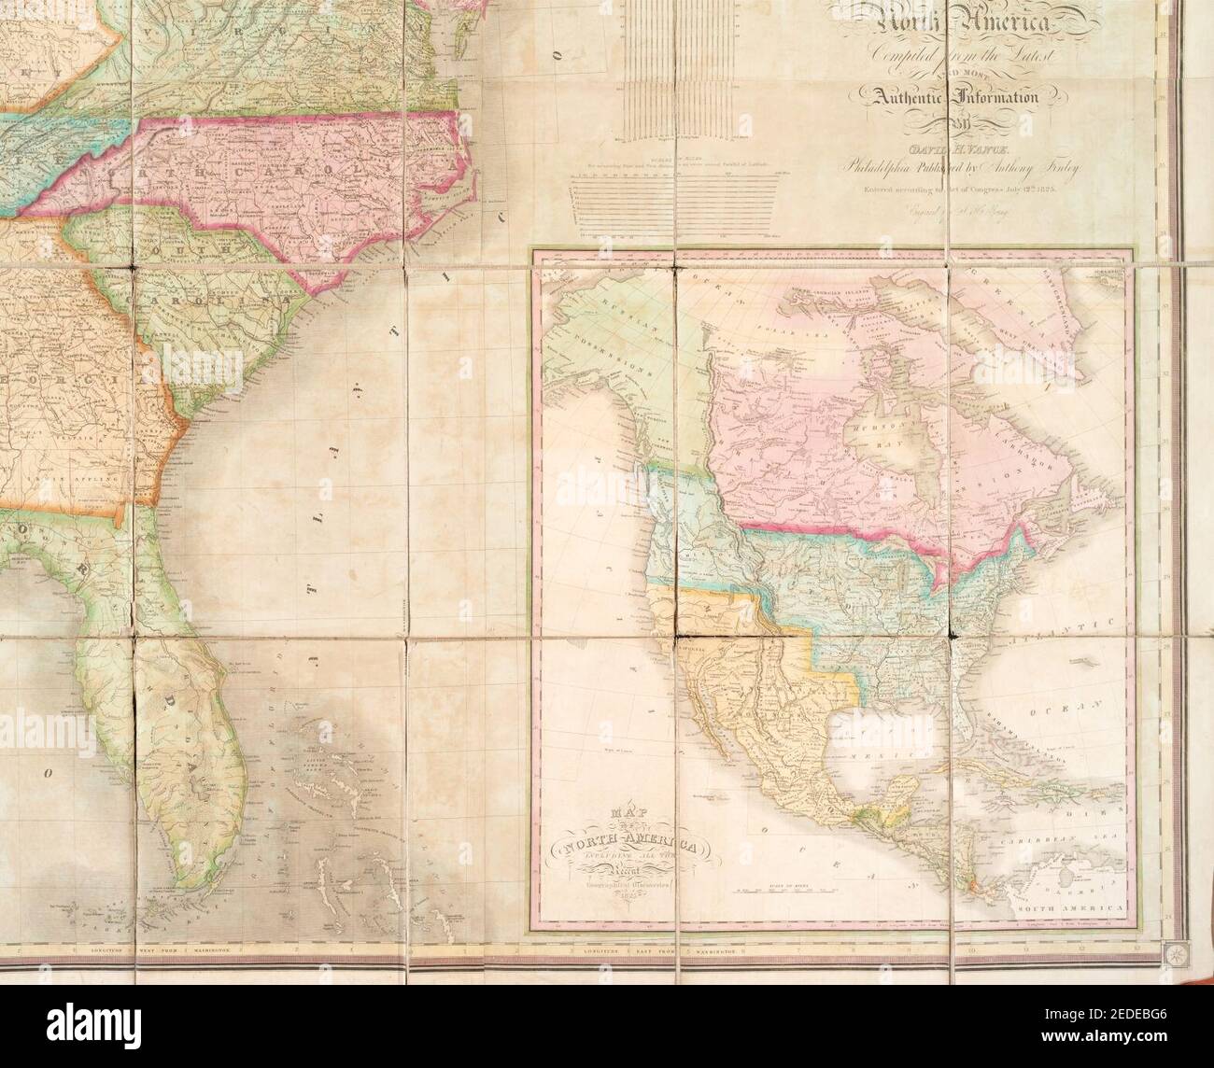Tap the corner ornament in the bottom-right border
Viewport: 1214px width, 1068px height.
[x=1172, y=950]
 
